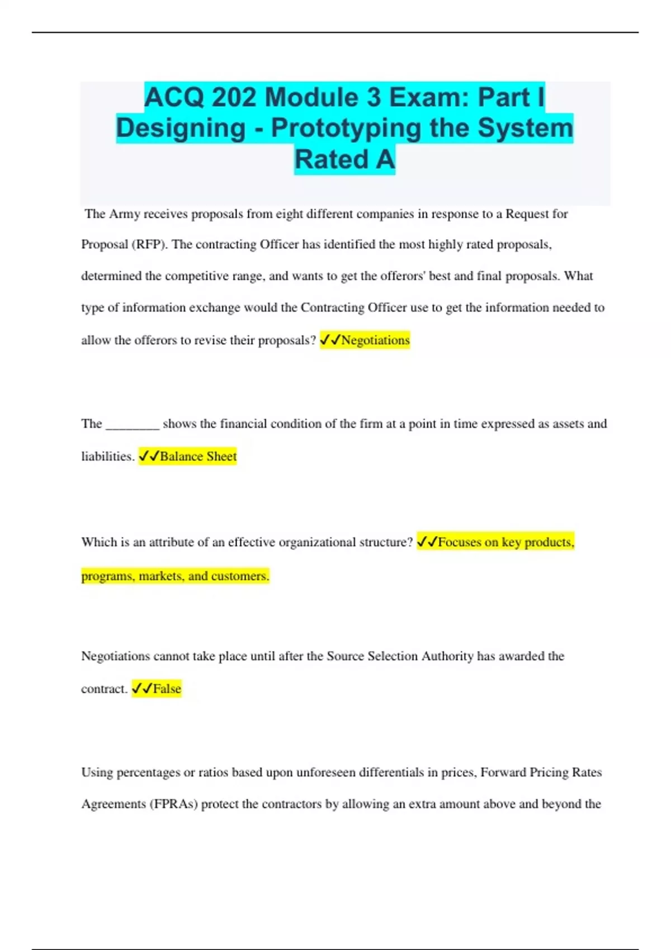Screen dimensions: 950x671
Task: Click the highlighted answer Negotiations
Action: (x=375, y=340)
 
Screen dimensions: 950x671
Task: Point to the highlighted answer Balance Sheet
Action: (x=198, y=457)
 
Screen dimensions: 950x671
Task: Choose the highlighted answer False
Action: (x=167, y=689)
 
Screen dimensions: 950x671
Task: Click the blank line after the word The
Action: (x=133, y=424)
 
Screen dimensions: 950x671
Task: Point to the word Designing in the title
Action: (x=181, y=128)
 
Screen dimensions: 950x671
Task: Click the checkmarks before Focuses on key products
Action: (x=427, y=542)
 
